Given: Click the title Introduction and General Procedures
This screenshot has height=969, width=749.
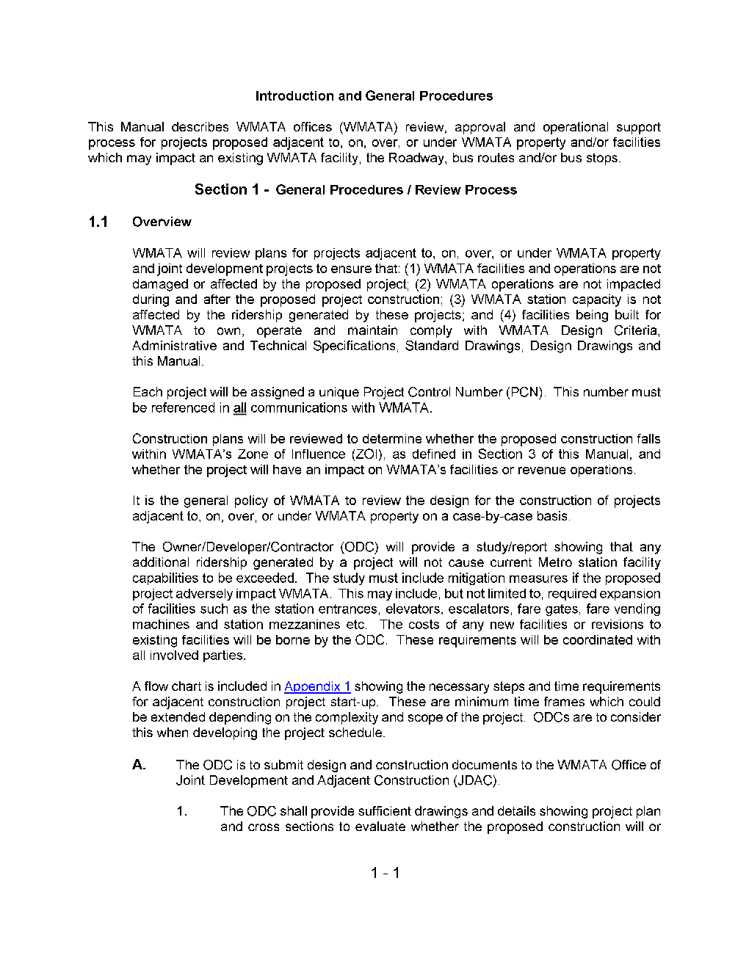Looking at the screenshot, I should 374,96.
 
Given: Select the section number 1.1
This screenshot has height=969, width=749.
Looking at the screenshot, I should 98,222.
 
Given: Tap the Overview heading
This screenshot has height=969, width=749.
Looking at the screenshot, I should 162,222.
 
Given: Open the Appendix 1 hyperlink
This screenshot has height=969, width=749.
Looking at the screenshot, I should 317,686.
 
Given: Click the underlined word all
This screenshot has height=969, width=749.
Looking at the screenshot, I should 239,408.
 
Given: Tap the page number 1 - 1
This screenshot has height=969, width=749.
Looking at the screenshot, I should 385,873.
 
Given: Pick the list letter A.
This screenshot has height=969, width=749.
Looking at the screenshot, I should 139,765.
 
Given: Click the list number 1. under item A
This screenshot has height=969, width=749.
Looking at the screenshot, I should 181,811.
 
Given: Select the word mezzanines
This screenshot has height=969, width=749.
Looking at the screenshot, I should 305,625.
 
